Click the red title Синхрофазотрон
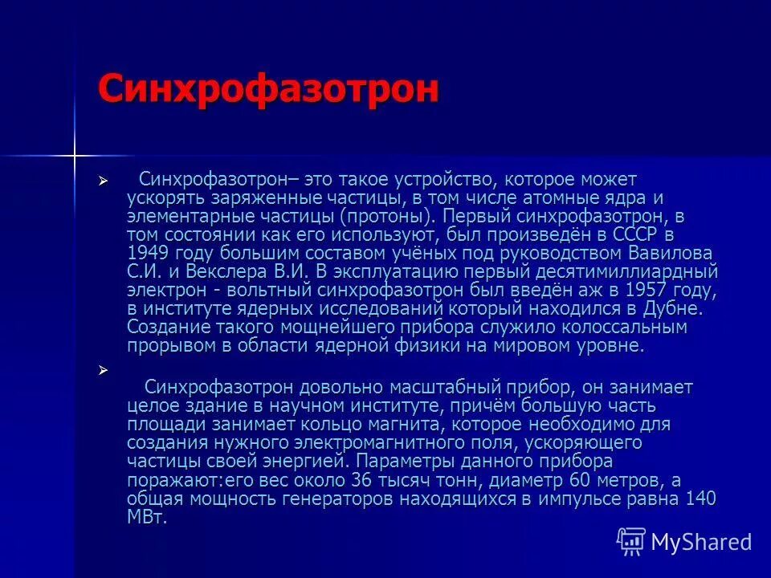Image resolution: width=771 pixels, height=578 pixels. [268, 88]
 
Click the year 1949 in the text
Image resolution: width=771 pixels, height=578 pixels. [146, 253]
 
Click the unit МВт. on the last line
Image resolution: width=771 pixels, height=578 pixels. [147, 516]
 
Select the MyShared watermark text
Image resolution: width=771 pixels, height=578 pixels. [701, 542]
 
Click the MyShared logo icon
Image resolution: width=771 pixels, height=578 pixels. [631, 541]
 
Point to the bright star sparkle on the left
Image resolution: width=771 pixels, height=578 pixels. [75, 153]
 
